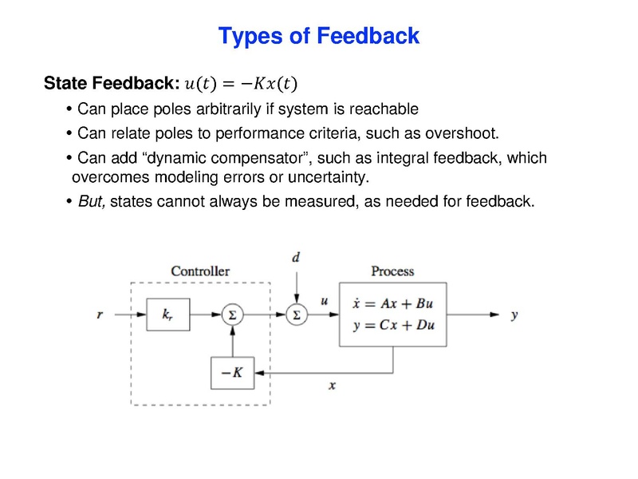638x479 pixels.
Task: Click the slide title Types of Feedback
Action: pyautogui.click(x=318, y=36)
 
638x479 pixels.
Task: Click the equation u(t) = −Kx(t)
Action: pyautogui.click(x=244, y=83)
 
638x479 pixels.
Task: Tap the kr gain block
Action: pyautogui.click(x=167, y=315)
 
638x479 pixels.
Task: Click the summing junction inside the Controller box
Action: pyautogui.click(x=232, y=315)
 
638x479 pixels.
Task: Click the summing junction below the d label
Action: pyautogui.click(x=296, y=315)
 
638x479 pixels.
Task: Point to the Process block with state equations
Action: pyautogui.click(x=392, y=314)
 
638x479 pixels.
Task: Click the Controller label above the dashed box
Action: pyautogui.click(x=200, y=271)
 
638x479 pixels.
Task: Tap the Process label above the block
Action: pyautogui.click(x=392, y=271)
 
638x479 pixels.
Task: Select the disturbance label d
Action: pyautogui.click(x=296, y=257)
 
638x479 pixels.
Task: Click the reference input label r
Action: pyautogui.click(x=100, y=315)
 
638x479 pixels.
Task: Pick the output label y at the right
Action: pyautogui.click(x=514, y=315)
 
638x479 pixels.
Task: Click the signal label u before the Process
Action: pyautogui.click(x=324, y=301)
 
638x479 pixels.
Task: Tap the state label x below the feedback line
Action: pyautogui.click(x=332, y=386)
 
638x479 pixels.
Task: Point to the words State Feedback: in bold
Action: pyautogui.click(x=110, y=83)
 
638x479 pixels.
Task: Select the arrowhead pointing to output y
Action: pyautogui.click(x=497, y=315)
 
